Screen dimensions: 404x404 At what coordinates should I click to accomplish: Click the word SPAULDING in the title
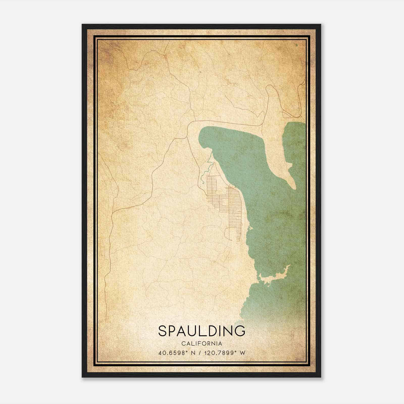201,331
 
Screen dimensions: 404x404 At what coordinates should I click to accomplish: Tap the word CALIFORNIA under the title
201,344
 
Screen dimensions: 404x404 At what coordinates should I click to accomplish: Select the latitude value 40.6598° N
177,353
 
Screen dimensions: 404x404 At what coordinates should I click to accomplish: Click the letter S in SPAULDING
163,331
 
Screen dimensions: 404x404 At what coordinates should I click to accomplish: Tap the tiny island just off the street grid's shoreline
250,228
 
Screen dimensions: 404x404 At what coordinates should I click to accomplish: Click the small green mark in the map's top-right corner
296,45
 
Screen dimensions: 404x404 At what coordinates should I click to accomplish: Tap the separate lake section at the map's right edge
295,141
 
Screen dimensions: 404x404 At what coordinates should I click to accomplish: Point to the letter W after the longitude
242,353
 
